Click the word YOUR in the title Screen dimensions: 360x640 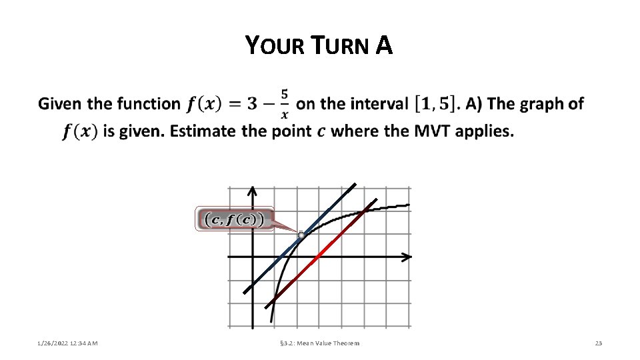pyautogui.click(x=270, y=46)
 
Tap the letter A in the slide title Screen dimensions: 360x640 pyautogui.click(x=384, y=45)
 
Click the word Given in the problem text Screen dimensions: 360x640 pyautogui.click(x=61, y=104)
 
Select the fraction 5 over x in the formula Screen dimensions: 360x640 pyautogui.click(x=285, y=104)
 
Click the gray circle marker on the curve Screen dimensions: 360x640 pyautogui.click(x=301, y=235)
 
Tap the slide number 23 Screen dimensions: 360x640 pyautogui.click(x=598, y=343)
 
